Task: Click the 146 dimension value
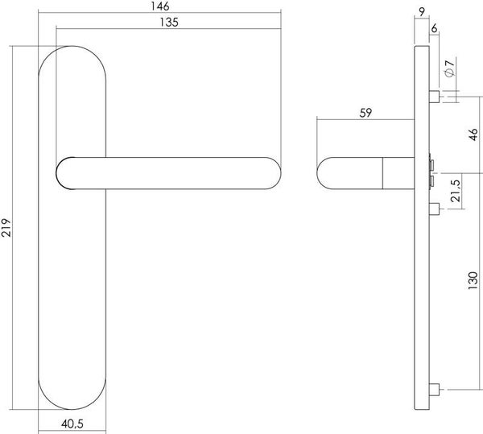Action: [x=160, y=6]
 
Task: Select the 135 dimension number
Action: [x=169, y=23]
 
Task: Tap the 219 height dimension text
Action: [x=6, y=228]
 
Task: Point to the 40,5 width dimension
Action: [x=72, y=424]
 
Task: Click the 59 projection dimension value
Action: [x=365, y=113]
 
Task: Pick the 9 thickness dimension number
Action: [x=422, y=12]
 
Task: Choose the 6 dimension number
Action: [x=434, y=28]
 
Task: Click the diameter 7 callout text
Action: [x=450, y=68]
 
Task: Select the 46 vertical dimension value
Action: [x=473, y=134]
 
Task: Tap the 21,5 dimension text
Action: [x=456, y=191]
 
